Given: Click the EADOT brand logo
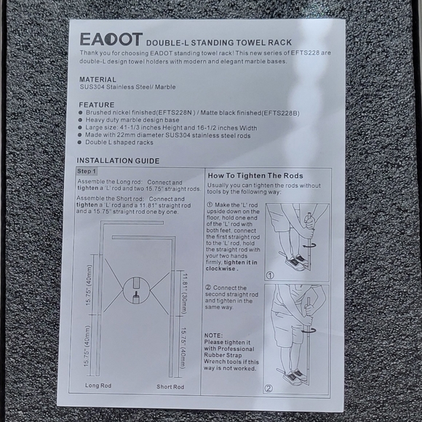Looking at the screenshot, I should (111, 39).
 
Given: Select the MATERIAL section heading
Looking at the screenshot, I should (97, 79).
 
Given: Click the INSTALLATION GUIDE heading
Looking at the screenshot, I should (118, 160).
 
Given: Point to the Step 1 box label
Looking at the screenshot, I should (88, 171).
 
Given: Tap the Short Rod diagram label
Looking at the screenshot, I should (170, 386).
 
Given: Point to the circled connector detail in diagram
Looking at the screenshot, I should (138, 292).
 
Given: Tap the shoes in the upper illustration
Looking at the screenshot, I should (295, 261).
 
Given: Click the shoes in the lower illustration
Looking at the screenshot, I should (294, 376).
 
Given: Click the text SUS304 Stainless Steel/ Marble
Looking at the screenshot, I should (128, 87).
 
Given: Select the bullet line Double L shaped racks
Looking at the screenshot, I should (120, 143).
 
